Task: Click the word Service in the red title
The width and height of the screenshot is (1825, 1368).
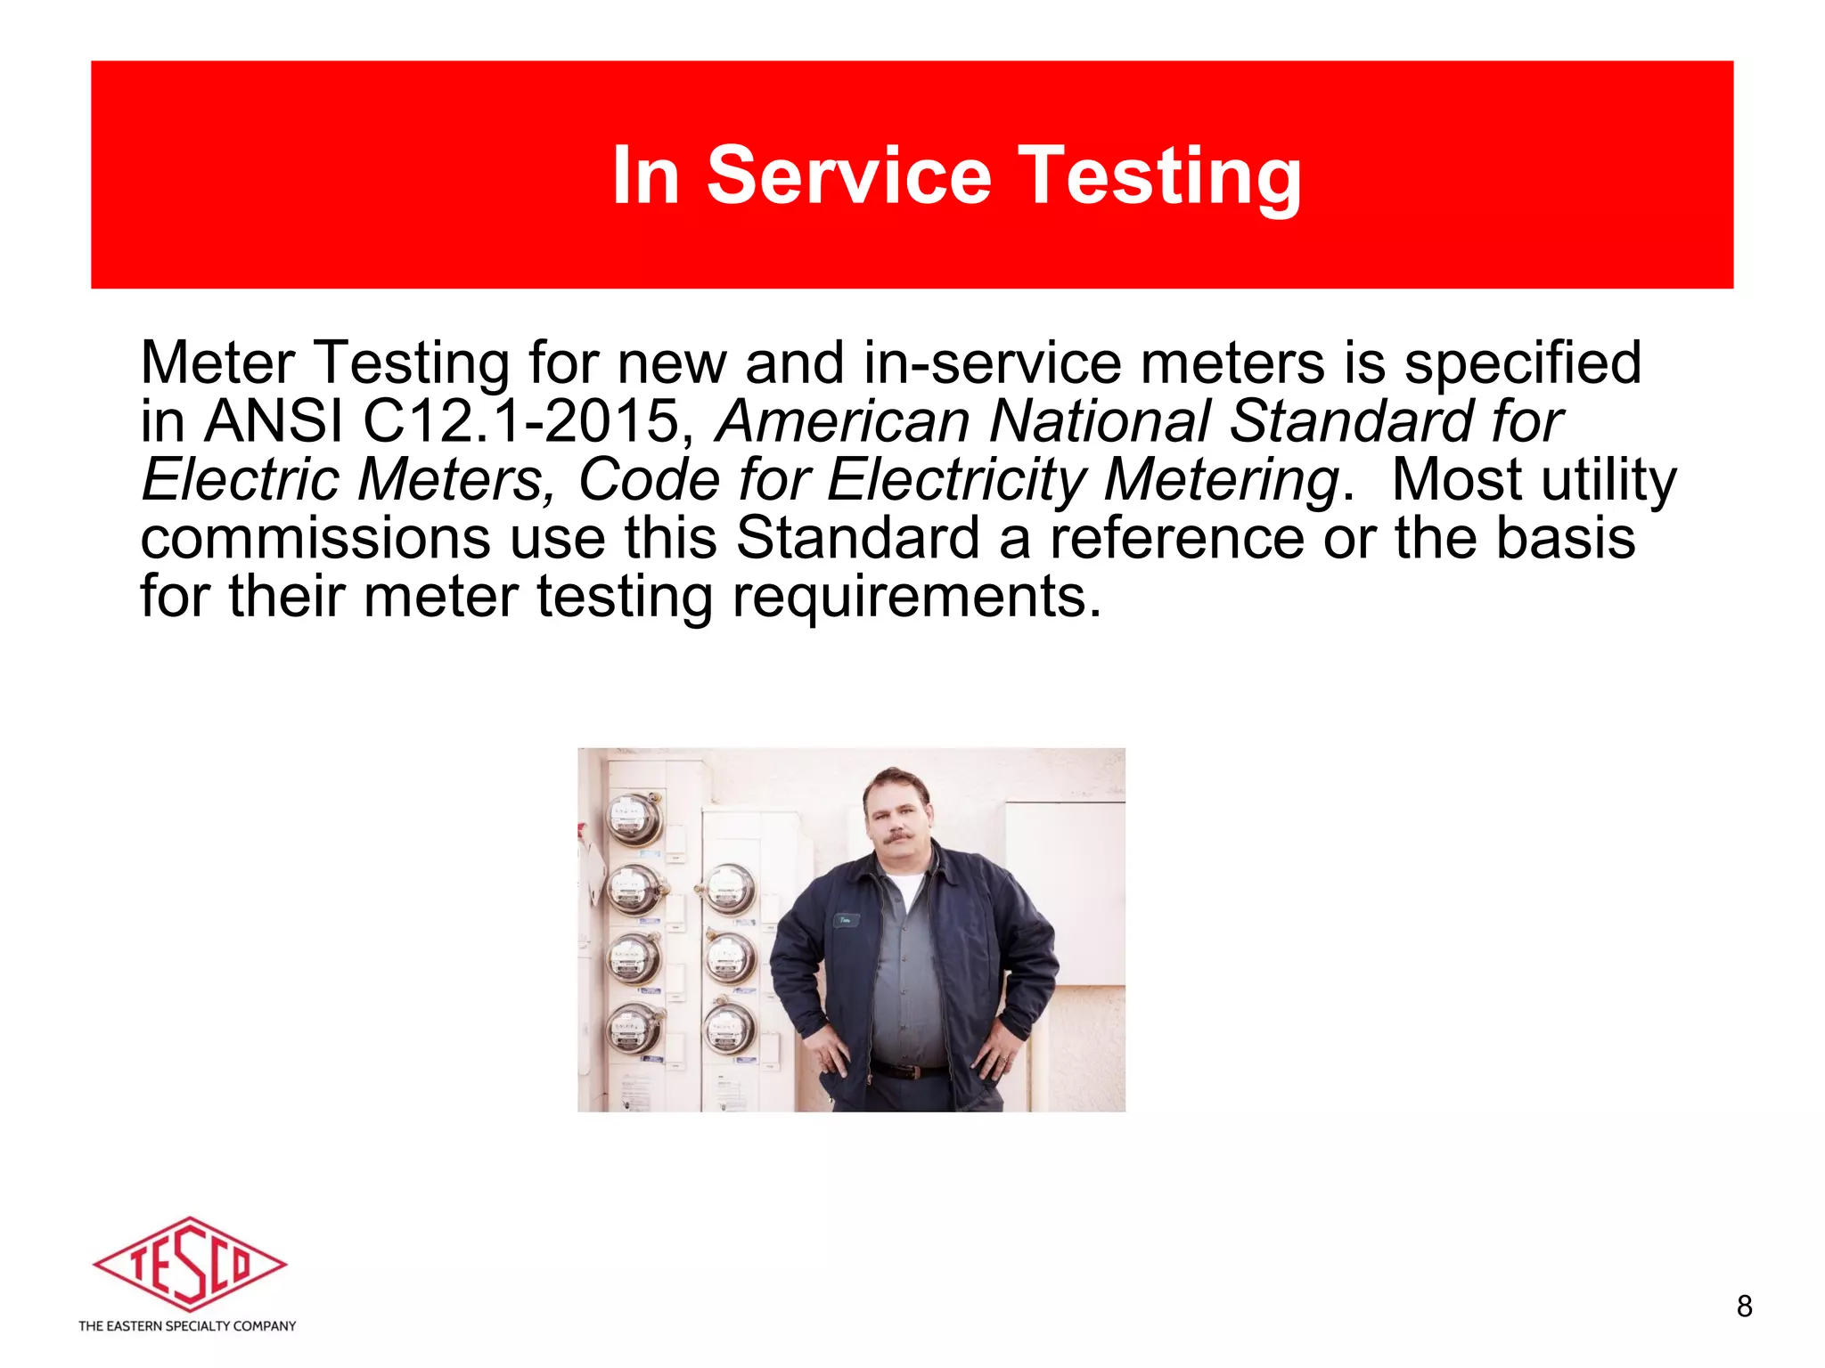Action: [848, 175]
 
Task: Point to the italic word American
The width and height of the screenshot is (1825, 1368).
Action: [843, 421]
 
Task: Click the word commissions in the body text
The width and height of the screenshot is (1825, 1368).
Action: [315, 539]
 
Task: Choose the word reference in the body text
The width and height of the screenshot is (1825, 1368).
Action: [1176, 539]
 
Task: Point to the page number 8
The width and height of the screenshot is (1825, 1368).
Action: [1744, 1307]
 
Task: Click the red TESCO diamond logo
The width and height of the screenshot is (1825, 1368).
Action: [189, 1264]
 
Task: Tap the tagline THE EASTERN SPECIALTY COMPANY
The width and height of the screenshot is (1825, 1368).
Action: [187, 1326]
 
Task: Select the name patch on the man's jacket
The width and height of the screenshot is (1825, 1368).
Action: [845, 920]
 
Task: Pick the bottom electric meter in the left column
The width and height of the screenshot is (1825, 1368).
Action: [634, 1030]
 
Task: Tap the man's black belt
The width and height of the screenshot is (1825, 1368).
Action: [909, 1070]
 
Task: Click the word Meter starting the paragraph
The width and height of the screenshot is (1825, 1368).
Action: [217, 363]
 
